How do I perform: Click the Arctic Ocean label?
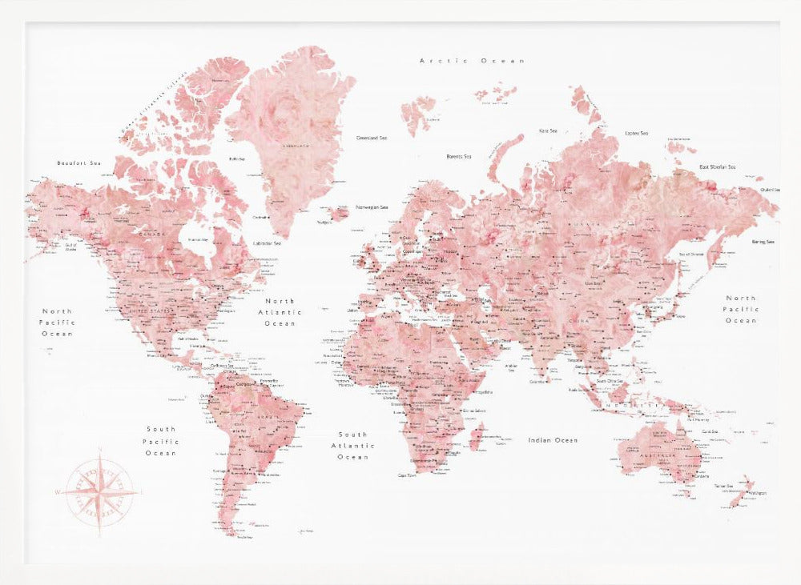(x=473, y=61)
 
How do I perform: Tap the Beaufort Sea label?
(x=80, y=163)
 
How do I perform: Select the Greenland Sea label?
(x=372, y=138)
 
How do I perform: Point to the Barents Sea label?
(x=459, y=156)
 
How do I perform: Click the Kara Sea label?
(x=548, y=130)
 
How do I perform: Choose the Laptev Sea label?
(x=637, y=133)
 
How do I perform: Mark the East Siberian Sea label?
(x=717, y=166)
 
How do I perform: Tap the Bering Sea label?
(x=763, y=242)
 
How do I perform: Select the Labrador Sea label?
(x=267, y=243)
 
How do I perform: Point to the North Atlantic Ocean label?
(x=280, y=312)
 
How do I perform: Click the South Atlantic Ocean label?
(x=352, y=446)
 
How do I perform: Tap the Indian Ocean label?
(x=553, y=440)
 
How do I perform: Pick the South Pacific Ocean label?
(x=161, y=441)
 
